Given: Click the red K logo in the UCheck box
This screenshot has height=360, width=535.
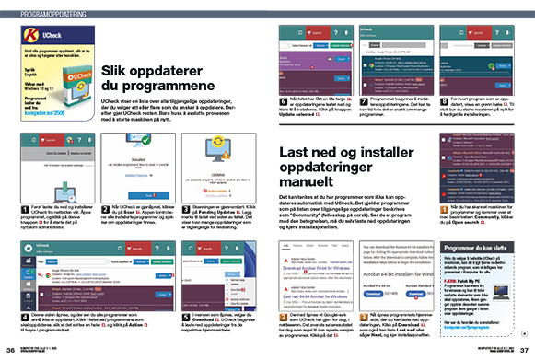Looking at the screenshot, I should [x=29, y=34].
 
